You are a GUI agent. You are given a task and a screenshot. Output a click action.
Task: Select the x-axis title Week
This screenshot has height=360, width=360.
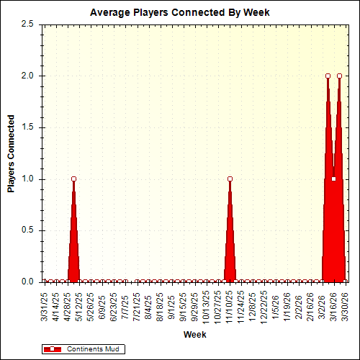coord(194,335)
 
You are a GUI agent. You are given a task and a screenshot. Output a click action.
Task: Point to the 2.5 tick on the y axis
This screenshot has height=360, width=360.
coord(27,24)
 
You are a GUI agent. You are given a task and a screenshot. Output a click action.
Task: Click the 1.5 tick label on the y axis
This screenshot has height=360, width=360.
coord(27,127)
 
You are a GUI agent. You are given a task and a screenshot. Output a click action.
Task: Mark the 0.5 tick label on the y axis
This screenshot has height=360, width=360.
coord(27,230)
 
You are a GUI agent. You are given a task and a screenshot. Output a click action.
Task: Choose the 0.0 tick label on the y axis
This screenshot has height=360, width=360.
coord(27,282)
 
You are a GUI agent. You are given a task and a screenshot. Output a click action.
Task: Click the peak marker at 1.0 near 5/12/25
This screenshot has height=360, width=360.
coord(73,179)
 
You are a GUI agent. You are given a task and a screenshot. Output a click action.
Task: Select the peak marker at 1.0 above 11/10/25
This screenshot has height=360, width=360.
coord(230,179)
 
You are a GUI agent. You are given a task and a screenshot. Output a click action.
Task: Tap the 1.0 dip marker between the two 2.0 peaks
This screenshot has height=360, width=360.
coord(333,179)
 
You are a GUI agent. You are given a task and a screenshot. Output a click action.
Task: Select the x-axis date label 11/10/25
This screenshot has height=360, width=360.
coord(230,306)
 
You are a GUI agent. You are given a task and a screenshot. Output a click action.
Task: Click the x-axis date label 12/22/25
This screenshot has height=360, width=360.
coord(264,306)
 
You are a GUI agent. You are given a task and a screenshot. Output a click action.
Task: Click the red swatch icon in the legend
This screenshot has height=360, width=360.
coord(53,349)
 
